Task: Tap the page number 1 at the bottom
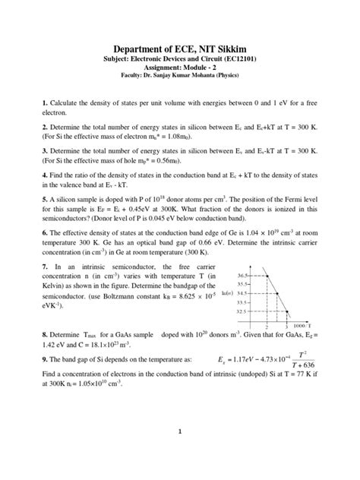180,434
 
